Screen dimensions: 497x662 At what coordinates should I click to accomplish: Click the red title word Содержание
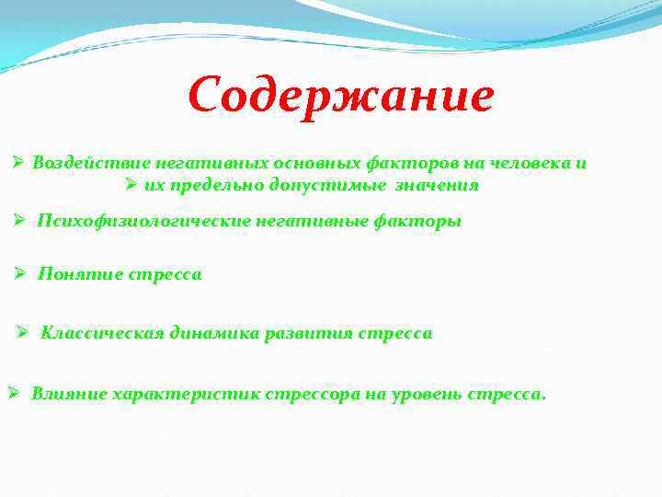[x=340, y=96]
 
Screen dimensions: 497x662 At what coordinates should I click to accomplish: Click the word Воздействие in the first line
[x=77, y=163]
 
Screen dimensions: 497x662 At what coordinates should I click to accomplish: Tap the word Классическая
[x=102, y=333]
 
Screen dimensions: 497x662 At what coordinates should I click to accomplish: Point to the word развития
[x=303, y=333]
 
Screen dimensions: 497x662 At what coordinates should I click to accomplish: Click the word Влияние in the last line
[x=68, y=394]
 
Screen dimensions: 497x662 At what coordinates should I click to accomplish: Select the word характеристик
[x=187, y=394]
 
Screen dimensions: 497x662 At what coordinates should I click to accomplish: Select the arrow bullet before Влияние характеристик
[x=13, y=394]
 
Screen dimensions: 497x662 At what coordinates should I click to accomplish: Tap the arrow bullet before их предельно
[x=130, y=185]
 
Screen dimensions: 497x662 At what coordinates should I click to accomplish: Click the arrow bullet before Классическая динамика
[x=24, y=333]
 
